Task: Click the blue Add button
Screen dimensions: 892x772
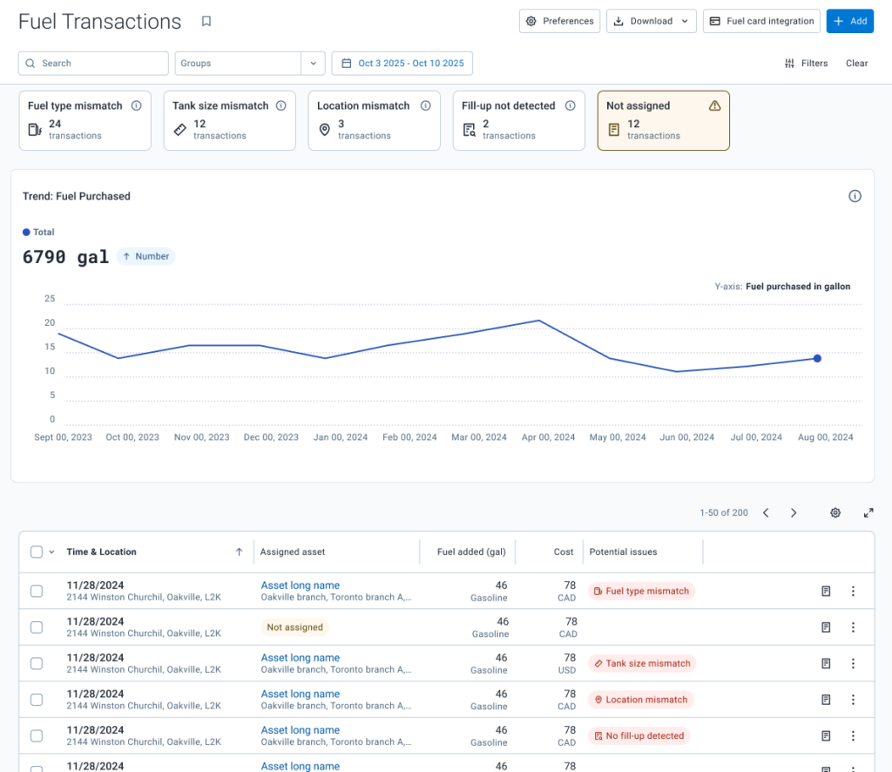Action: [x=850, y=21]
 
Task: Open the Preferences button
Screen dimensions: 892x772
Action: [x=559, y=21]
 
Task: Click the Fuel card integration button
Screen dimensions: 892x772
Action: [x=761, y=21]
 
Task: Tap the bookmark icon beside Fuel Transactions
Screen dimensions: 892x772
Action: [x=206, y=21]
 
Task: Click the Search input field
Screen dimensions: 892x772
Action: [x=93, y=63]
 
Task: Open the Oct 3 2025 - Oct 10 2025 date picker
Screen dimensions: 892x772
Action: [x=402, y=63]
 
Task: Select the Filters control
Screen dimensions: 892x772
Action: [x=806, y=63]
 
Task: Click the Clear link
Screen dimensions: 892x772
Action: [x=857, y=63]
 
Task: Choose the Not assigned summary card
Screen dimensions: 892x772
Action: [x=663, y=120]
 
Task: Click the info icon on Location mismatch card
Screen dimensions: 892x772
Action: [x=425, y=105]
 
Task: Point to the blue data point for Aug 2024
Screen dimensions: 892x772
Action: [x=817, y=358]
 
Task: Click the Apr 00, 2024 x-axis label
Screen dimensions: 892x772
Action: [x=549, y=437]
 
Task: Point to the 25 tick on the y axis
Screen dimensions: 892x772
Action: [x=50, y=299]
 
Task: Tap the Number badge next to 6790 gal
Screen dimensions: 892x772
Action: [x=146, y=256]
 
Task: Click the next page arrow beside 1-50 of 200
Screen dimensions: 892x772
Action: [x=794, y=512]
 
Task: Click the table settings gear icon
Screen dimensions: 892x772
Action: [x=835, y=512]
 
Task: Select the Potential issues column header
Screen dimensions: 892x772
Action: [x=623, y=552]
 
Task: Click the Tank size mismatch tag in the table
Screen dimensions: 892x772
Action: [x=642, y=663]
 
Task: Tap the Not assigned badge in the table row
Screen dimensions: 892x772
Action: [x=294, y=627]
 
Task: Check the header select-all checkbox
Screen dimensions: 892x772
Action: [x=37, y=552]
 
